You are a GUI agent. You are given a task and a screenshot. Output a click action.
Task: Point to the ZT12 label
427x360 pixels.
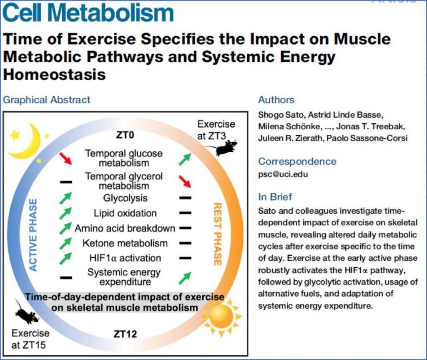(x=125, y=334)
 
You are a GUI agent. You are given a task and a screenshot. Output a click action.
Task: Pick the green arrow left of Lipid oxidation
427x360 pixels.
(x=65, y=213)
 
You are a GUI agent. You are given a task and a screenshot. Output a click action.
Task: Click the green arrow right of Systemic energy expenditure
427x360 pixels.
(x=185, y=278)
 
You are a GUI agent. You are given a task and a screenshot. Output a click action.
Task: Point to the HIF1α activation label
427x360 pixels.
(x=125, y=258)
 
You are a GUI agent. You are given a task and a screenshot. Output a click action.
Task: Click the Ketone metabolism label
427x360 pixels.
(x=125, y=243)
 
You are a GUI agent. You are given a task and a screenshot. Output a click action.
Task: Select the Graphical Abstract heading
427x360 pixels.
(x=46, y=100)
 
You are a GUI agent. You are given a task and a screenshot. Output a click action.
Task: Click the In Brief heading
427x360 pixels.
(x=275, y=197)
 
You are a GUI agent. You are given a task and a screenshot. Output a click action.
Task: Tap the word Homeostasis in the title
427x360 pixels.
(x=54, y=75)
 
